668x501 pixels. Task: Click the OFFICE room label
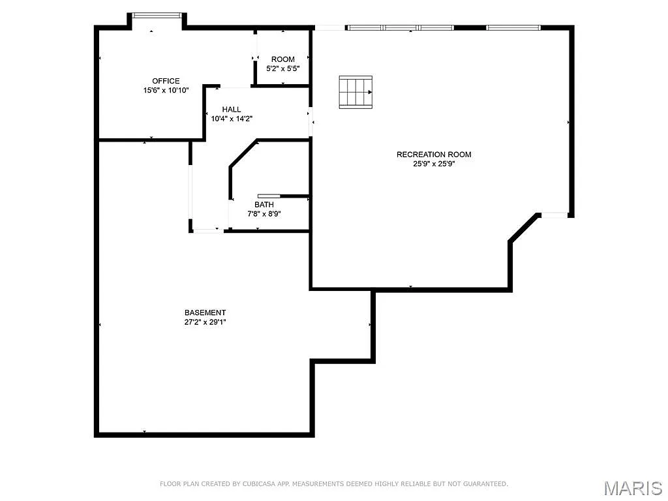[x=166, y=81]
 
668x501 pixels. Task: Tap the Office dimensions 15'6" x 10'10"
[x=166, y=91]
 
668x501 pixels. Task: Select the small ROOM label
[x=283, y=59]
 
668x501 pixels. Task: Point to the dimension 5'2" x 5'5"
[x=283, y=68]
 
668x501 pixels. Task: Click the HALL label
[x=232, y=109]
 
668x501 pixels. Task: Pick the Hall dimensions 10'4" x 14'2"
[x=232, y=119]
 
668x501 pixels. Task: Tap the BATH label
[x=264, y=204]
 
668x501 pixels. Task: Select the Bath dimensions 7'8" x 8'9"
[x=264, y=213]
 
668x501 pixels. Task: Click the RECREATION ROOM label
[x=434, y=155]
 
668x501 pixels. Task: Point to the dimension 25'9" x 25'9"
[x=434, y=164]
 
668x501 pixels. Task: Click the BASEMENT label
[x=205, y=312]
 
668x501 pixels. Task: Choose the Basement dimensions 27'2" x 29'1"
[x=205, y=322]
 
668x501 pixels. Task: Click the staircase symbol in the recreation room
[x=356, y=92]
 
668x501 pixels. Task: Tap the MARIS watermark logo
[x=633, y=487]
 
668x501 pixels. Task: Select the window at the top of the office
[x=157, y=15]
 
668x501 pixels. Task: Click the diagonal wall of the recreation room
[x=524, y=228]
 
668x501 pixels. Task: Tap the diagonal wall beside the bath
[x=243, y=154]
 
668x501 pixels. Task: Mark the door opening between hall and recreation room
[x=311, y=122]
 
